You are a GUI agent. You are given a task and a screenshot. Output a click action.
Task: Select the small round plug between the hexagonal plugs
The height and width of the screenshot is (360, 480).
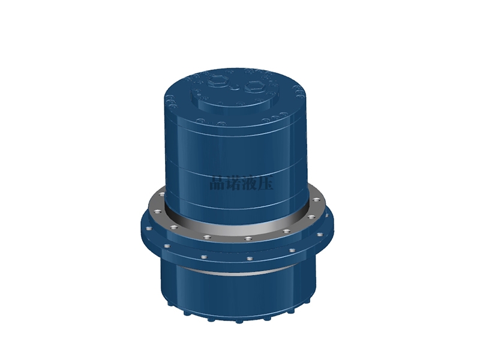point(235,88)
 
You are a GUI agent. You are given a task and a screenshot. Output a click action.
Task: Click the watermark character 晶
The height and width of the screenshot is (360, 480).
point(217,183)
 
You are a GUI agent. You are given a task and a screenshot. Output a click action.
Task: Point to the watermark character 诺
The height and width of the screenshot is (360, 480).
point(233,183)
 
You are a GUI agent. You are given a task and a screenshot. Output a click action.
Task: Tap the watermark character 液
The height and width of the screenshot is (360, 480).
point(250,183)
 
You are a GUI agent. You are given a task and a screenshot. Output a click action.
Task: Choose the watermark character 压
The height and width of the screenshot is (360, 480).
point(266,183)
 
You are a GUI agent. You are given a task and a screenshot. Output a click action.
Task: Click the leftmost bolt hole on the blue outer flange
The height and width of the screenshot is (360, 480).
point(148,229)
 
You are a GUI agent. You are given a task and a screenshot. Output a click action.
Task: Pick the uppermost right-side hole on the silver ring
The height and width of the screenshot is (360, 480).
point(316,200)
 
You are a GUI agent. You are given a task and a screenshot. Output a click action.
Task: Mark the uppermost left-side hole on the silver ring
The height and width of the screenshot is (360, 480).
point(162,194)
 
